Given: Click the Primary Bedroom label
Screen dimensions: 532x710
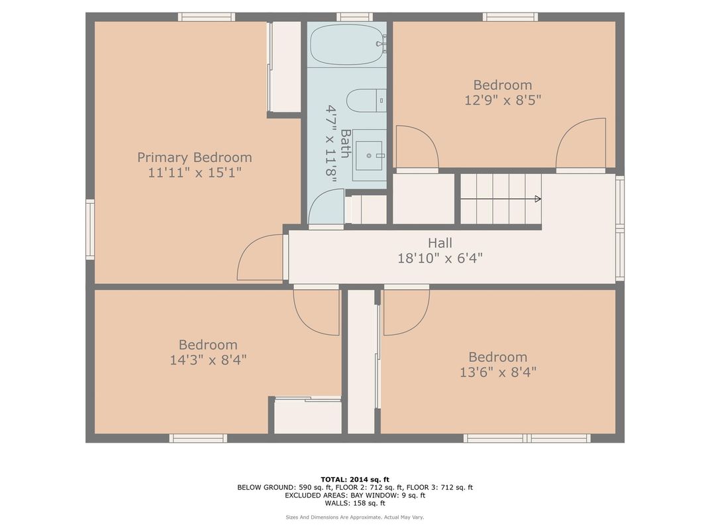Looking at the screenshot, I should coord(194,157).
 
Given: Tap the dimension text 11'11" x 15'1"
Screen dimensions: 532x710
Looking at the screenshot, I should coord(194,173).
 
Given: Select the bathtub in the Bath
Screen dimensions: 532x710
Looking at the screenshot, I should coord(346,44).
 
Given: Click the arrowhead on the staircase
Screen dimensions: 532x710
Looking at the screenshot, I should coord(537,199).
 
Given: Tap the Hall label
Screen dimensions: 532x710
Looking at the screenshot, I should coord(440,244).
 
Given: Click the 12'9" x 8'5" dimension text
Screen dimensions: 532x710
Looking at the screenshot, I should coord(502,101).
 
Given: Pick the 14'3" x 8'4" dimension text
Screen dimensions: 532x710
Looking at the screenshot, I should coord(207,360).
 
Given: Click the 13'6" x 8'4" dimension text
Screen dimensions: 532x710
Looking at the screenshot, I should coord(497,373).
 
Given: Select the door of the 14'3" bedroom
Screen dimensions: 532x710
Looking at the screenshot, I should coord(317,311).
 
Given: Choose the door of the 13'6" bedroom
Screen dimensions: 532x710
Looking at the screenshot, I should coord(405,311).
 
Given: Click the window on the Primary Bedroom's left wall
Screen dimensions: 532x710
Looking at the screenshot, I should coord(89,230).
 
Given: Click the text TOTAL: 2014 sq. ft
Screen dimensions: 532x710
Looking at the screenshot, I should coord(355,479).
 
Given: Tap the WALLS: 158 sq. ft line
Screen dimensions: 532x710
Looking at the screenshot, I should coord(355,502).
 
